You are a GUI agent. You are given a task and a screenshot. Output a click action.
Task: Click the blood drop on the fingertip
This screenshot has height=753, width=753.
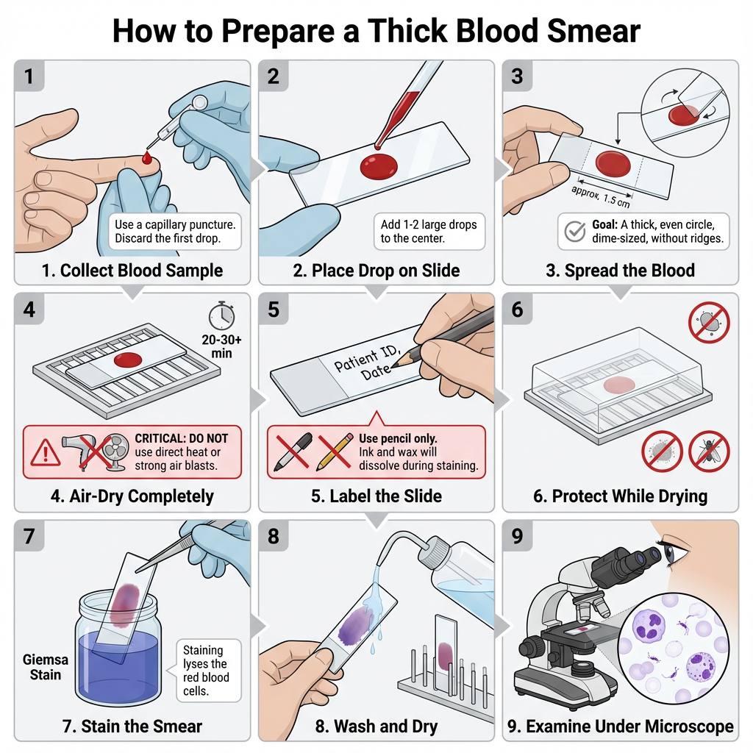tap(147, 157)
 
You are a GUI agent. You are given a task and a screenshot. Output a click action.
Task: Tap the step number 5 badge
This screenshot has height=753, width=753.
tap(274, 310)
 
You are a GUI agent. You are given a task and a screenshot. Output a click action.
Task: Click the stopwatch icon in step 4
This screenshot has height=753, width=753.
tap(221, 316)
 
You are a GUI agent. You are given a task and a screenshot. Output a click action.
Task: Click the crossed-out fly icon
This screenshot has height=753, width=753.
tap(709, 451)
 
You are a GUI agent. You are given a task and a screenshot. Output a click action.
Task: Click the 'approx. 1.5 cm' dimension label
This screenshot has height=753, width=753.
tap(601, 193)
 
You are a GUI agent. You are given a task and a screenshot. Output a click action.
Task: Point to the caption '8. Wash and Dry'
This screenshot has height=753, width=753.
tap(376, 727)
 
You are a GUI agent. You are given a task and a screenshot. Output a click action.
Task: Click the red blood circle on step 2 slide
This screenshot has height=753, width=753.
tap(378, 165)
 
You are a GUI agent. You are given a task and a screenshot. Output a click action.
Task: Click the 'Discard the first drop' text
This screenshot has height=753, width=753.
tap(168, 239)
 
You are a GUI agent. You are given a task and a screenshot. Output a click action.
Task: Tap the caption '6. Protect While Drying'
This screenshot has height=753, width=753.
tap(620, 496)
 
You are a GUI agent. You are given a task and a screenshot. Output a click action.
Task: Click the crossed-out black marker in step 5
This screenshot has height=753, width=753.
tap(293, 450)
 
